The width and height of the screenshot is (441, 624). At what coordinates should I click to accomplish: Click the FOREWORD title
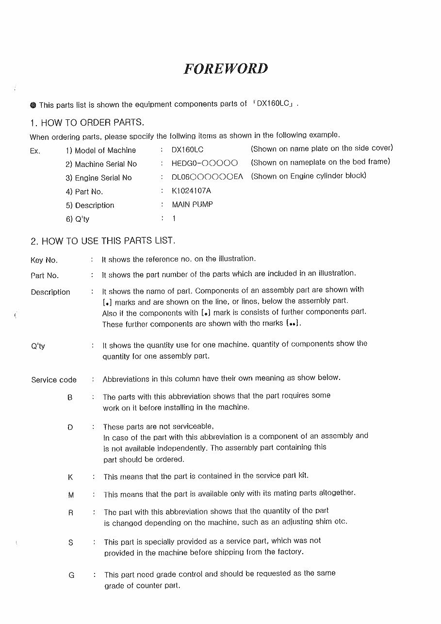click(226, 68)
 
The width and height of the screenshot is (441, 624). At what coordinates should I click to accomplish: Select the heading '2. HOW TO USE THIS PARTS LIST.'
click(102, 241)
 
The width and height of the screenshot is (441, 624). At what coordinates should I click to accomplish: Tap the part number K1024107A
click(191, 191)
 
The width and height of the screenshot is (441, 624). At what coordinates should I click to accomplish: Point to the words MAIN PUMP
click(192, 204)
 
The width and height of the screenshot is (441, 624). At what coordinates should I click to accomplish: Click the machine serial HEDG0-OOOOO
click(204, 164)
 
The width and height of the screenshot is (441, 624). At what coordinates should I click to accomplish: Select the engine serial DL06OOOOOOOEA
click(207, 177)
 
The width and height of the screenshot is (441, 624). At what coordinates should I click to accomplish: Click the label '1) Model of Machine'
click(100, 150)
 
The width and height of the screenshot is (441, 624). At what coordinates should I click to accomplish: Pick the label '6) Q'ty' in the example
click(77, 219)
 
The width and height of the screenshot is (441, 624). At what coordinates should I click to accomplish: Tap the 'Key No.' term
click(44, 260)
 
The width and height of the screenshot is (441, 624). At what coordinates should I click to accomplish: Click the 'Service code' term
click(54, 380)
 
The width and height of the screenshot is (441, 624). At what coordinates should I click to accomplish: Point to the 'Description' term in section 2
click(50, 292)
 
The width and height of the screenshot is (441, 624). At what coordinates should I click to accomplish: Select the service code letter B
click(70, 397)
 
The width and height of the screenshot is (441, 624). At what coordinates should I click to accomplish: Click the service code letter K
click(70, 477)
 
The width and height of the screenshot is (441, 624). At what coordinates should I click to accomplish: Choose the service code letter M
click(71, 495)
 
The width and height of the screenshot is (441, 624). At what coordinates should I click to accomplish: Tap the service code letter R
click(70, 512)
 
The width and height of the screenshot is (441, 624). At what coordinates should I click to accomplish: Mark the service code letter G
click(71, 575)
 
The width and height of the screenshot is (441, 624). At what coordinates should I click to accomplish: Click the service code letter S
click(71, 542)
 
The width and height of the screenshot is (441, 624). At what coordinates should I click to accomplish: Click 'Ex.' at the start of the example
click(35, 151)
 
